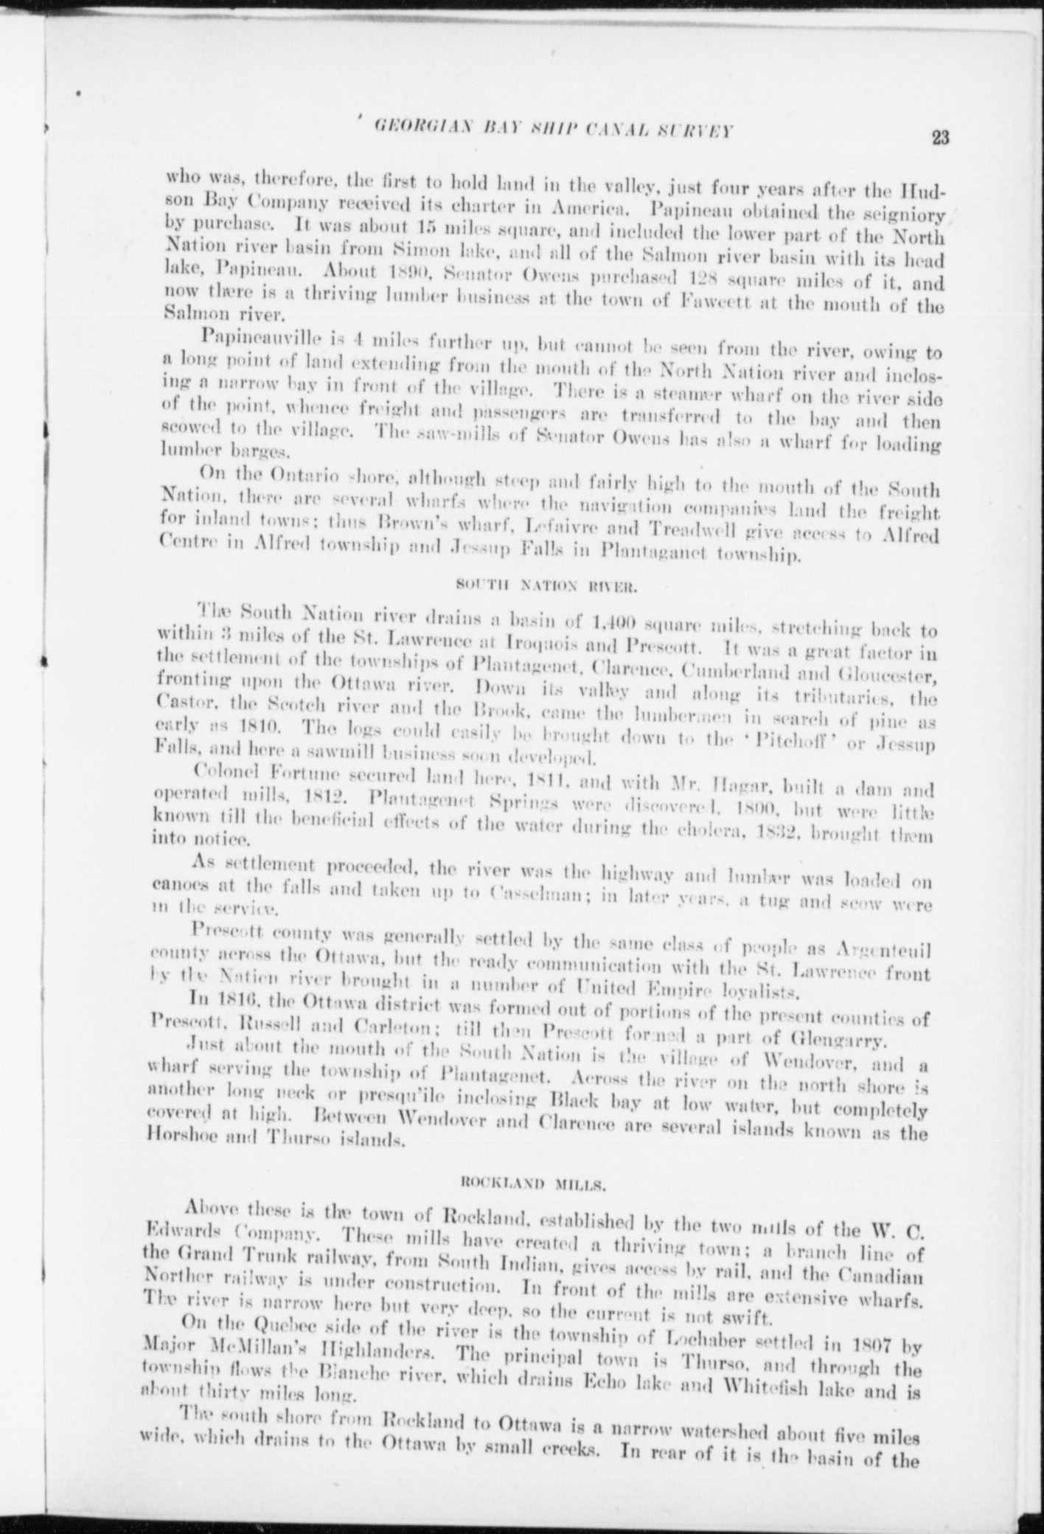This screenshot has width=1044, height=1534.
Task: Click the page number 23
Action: (939, 138)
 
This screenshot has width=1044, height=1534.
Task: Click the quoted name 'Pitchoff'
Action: (796, 737)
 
